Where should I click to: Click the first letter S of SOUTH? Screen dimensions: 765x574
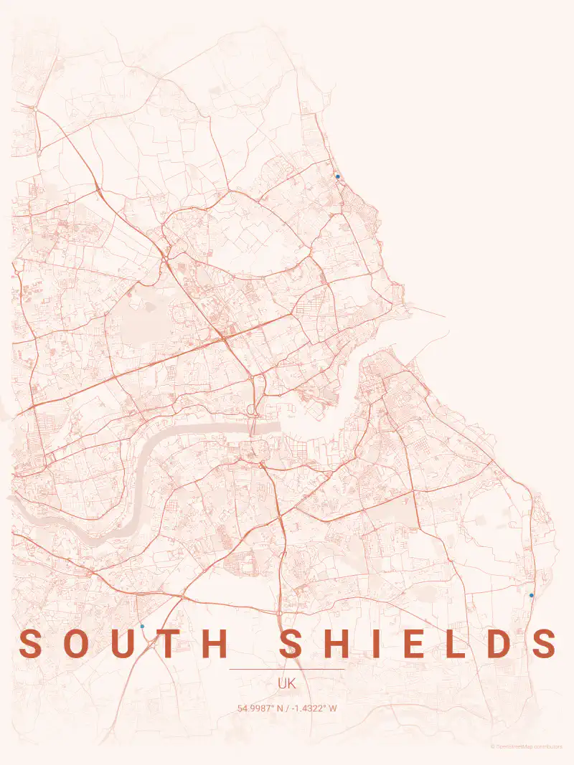click(x=31, y=644)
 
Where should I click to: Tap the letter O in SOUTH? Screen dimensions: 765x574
click(x=77, y=644)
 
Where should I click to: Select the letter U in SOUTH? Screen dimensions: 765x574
click(x=123, y=644)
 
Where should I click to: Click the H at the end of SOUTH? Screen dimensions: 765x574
click(x=214, y=644)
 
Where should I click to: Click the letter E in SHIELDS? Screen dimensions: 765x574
click(x=415, y=644)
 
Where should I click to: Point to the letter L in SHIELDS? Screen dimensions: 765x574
click(x=458, y=644)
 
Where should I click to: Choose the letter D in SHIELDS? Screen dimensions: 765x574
click(x=500, y=644)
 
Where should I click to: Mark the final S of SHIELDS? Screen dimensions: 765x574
click(x=545, y=644)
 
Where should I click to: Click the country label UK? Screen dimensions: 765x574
click(x=287, y=683)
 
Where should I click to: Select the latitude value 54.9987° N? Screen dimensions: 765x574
click(x=260, y=708)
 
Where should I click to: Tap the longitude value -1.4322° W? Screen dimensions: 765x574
click(x=314, y=708)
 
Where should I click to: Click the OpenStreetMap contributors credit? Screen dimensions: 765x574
click(x=527, y=746)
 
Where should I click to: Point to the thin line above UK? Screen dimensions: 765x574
click(x=287, y=670)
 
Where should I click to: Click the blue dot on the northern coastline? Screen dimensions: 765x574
click(x=337, y=176)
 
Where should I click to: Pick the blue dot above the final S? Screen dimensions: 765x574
click(x=532, y=595)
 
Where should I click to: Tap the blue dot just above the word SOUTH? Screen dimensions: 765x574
click(x=142, y=626)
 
